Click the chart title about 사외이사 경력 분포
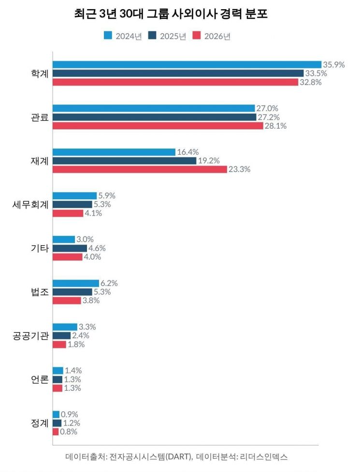[171, 14]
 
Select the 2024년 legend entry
[123, 37]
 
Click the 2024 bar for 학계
[187, 64]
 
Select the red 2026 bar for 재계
[140, 170]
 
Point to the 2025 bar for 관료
[154, 117]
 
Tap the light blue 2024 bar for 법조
[76, 283]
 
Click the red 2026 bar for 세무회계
[68, 213]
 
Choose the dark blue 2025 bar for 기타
[70, 248]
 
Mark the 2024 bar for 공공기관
[65, 327]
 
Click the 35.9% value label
[333, 64]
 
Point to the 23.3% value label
[239, 170]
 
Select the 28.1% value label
[275, 126]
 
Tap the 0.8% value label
[69, 432]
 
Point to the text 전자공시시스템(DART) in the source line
[144, 457]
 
